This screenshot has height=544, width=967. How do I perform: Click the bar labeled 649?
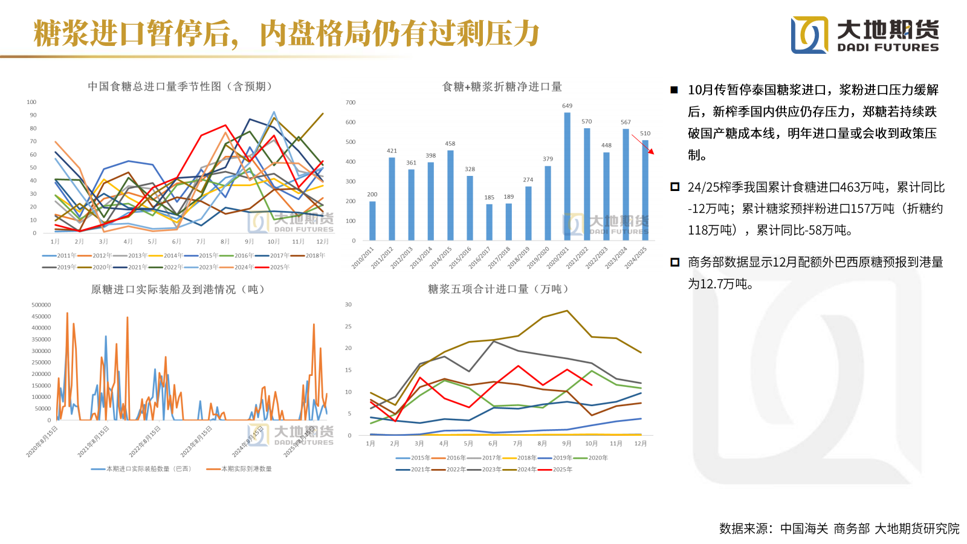tap(567, 176)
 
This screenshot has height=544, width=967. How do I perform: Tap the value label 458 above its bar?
tap(450, 144)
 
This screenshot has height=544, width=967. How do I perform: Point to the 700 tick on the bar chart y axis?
tap(351, 103)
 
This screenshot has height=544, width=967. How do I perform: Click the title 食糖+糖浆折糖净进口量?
tap(502, 87)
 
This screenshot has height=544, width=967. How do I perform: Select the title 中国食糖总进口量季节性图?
tap(179, 86)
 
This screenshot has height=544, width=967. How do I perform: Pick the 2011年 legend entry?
tap(59, 256)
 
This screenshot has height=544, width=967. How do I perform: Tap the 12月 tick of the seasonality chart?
tap(323, 242)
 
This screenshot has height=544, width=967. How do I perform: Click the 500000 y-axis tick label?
tap(41, 305)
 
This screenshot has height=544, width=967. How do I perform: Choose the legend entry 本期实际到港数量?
tap(239, 469)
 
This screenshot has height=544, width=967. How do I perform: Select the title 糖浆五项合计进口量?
tap(498, 290)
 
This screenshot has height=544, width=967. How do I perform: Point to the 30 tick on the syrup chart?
tap(348, 305)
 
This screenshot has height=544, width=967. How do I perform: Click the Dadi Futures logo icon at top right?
tap(809, 34)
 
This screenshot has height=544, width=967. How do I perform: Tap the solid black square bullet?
tap(674, 90)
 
